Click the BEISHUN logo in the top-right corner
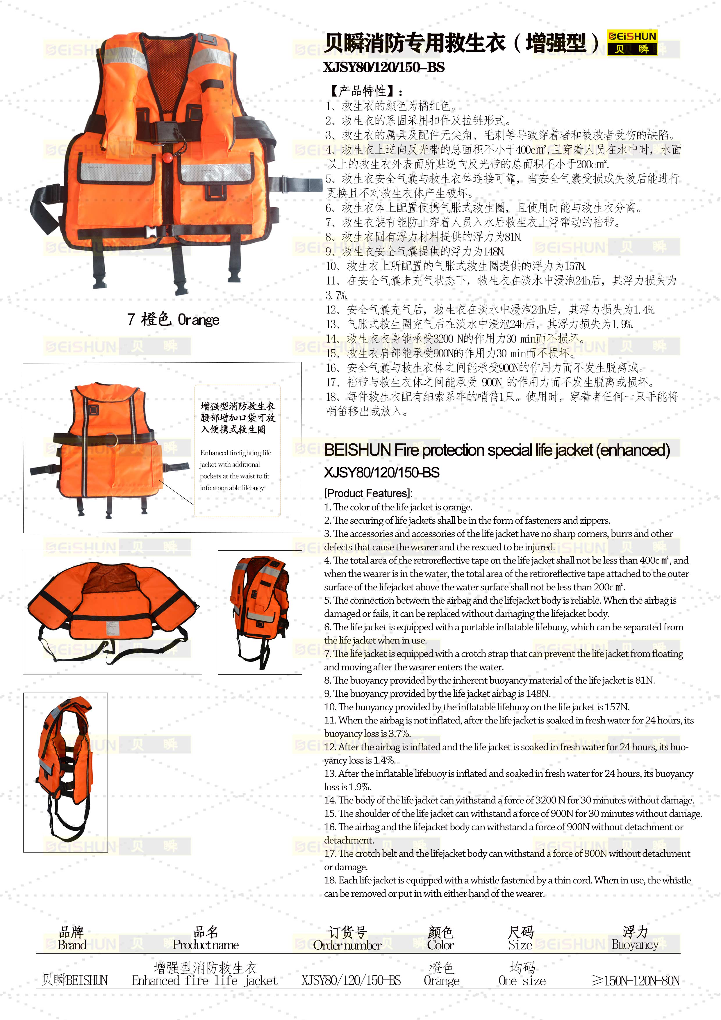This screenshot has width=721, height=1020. [x=632, y=42]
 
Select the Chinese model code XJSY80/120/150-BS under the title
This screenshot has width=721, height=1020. [x=383, y=67]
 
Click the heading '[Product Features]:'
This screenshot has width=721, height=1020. [x=368, y=493]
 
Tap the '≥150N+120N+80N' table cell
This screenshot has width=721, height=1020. [x=636, y=980]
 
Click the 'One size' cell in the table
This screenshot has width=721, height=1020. [x=522, y=980]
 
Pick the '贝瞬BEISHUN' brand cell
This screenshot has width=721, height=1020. [x=74, y=980]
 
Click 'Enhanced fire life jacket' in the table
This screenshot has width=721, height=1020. [x=204, y=980]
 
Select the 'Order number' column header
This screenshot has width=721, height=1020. [x=347, y=945]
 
